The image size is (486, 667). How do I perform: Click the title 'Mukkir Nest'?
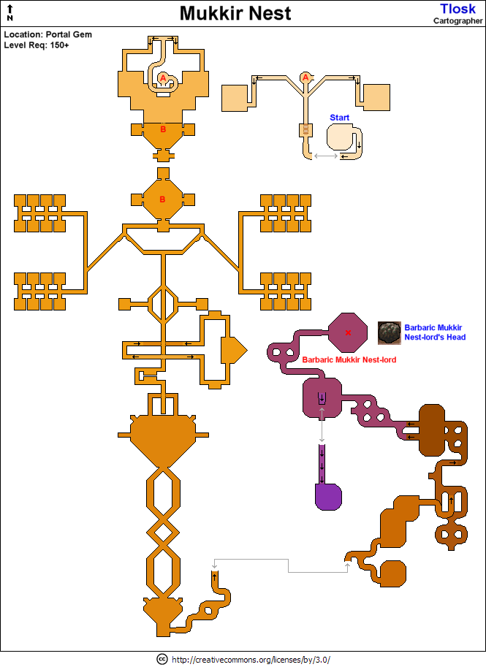pos(235,13)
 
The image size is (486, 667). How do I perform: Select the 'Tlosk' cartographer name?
pos(457,8)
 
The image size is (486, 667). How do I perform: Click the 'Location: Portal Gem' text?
pos(48,34)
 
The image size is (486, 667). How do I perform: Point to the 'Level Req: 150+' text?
pos(37,45)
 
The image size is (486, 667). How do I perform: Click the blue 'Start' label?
pos(340,117)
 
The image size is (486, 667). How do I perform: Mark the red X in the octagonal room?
pos(348,333)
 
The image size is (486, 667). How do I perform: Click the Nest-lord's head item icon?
pos(389,333)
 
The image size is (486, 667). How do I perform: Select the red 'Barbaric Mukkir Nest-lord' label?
pos(349,360)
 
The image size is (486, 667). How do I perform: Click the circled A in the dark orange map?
pos(163,77)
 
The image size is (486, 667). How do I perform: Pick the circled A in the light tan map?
pos(305,77)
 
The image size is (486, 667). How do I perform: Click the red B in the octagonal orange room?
pos(163,199)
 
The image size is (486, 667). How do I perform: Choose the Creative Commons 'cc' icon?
pos(162,659)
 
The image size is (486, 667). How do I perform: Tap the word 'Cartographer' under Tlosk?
pos(457,20)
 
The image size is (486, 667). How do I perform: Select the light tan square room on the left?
pos(235,97)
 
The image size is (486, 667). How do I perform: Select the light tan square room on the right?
pos(376,97)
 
